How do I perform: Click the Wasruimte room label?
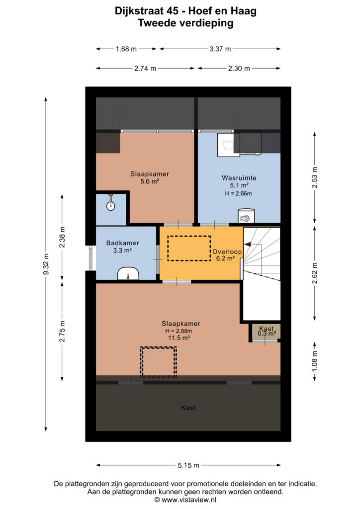239,178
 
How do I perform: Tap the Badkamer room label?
122,243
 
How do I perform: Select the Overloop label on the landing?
227,252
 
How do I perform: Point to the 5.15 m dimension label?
188,465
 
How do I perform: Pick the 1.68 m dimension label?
126,49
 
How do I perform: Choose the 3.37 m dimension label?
220,49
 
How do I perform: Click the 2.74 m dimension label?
145,69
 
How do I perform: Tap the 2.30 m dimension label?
239,69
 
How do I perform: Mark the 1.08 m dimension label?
314,361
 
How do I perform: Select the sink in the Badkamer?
128,274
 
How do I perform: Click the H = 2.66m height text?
239,193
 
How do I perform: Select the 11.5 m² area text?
179,338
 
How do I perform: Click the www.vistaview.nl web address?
188,500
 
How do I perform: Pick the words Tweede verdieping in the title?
185,23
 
